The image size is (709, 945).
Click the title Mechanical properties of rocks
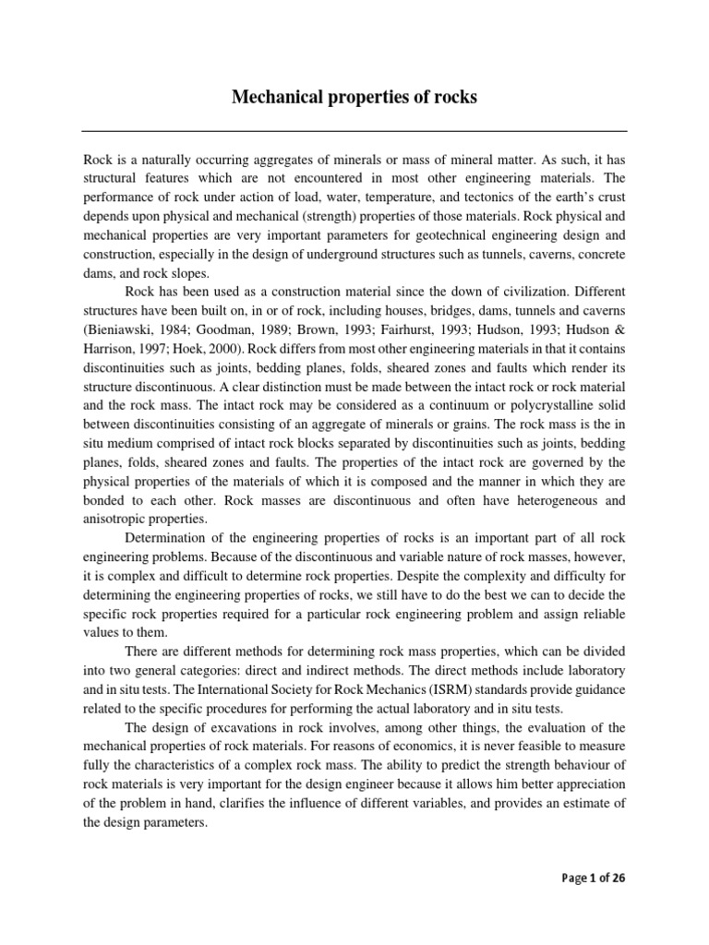[x=354, y=96]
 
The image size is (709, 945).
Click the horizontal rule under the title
[x=354, y=131]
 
